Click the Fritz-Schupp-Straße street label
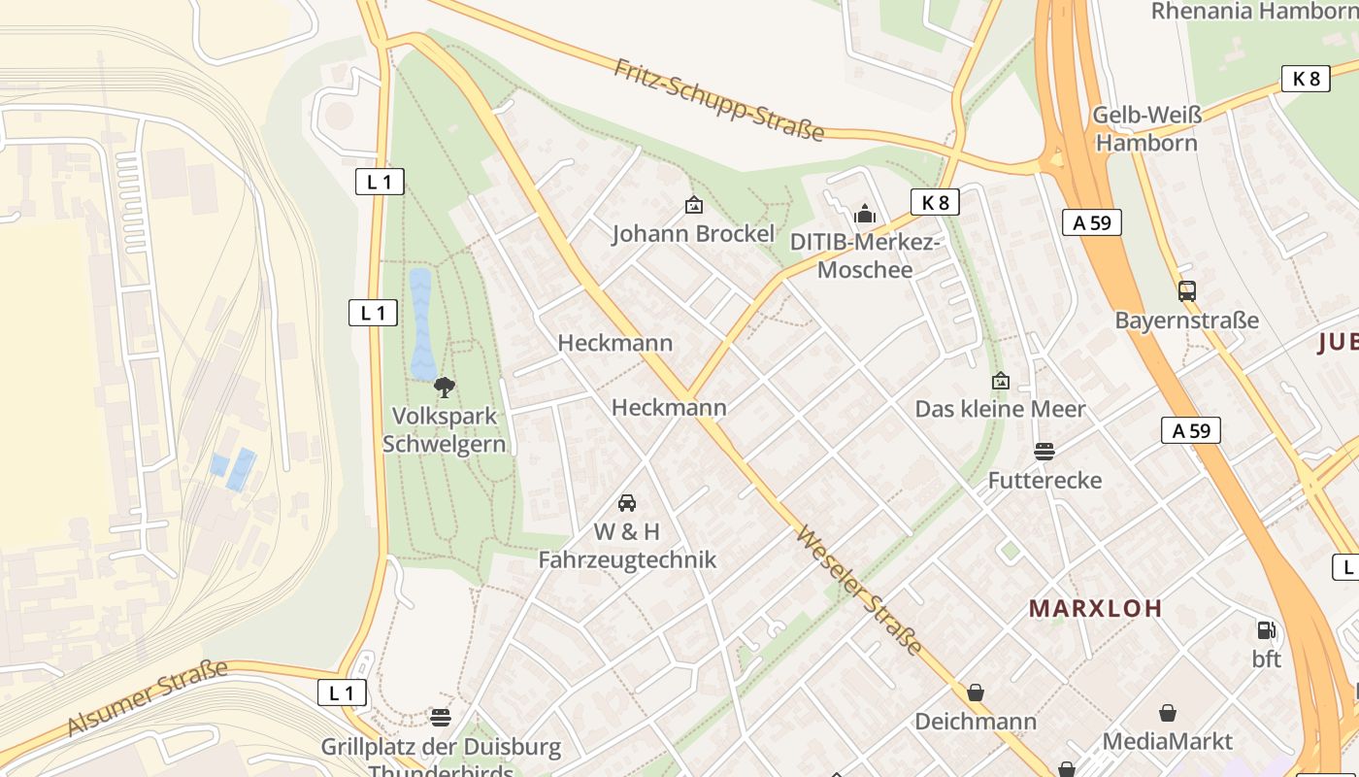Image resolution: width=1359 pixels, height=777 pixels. click(718, 99)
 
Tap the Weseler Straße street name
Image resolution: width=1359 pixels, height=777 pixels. click(859, 591)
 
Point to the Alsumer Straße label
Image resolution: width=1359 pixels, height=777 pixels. click(147, 697)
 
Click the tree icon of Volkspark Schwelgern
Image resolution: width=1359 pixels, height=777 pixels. click(445, 388)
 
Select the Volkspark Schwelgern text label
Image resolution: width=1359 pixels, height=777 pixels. click(445, 429)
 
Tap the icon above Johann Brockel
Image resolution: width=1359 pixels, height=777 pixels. click(694, 205)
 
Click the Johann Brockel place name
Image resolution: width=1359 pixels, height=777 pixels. click(694, 234)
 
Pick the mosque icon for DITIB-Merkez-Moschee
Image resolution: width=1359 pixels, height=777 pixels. click(865, 214)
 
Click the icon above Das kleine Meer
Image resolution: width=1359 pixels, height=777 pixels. click(1001, 381)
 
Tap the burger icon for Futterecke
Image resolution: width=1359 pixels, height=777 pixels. click(1044, 452)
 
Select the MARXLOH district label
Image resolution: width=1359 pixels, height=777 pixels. click(1095, 609)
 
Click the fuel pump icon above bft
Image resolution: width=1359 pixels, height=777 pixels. click(1266, 630)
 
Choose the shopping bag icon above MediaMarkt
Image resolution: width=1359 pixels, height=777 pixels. click(1168, 713)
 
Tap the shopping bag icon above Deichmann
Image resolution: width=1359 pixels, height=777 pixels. click(976, 693)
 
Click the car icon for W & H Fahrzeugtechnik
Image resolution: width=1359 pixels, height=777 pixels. click(627, 503)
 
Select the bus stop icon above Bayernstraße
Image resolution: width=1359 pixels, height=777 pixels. click(1186, 290)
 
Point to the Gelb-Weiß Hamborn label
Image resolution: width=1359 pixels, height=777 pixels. click(1146, 129)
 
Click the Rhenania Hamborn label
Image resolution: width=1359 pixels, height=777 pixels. click(1254, 12)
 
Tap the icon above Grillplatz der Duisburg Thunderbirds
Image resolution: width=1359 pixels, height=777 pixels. click(441, 718)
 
